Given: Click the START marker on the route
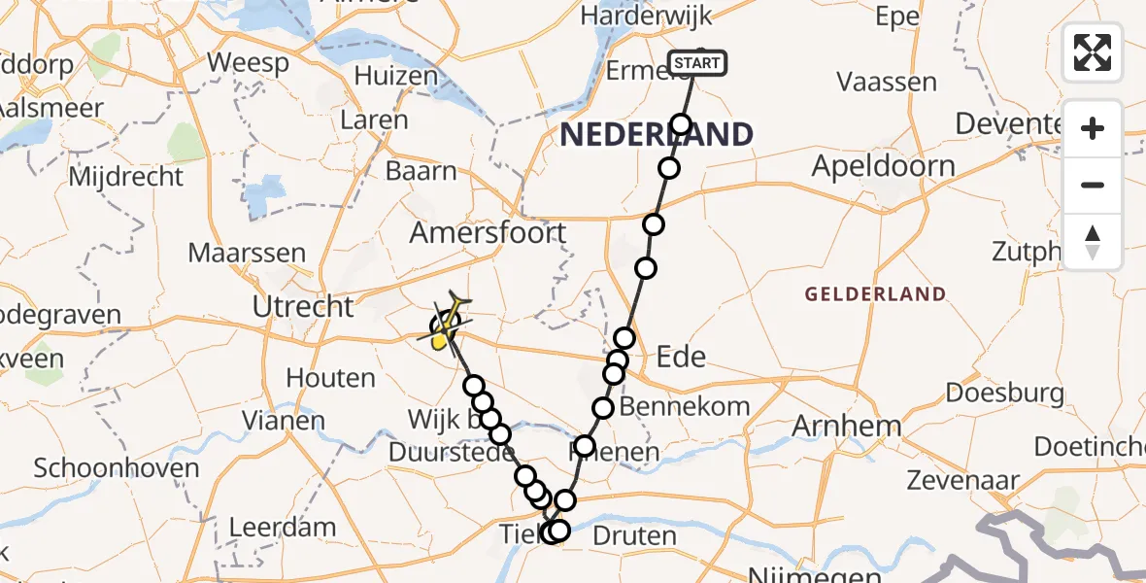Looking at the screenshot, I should pyautogui.click(x=697, y=64).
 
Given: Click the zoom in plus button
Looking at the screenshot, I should pyautogui.click(x=1093, y=128).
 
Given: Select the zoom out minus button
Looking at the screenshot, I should pyautogui.click(x=1093, y=185).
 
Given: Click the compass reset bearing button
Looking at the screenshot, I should pyautogui.click(x=1093, y=242).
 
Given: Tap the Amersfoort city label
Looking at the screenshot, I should pyautogui.click(x=488, y=233).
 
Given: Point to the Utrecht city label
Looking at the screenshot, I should pyautogui.click(x=303, y=307).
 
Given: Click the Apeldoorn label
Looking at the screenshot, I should pyautogui.click(x=883, y=166).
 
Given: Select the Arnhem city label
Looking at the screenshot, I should pyautogui.click(x=848, y=426).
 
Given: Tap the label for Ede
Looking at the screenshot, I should pyautogui.click(x=681, y=357).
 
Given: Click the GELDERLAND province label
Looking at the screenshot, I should pyautogui.click(x=875, y=293).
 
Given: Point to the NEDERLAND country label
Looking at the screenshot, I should pyautogui.click(x=657, y=135).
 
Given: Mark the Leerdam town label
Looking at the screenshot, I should pyautogui.click(x=282, y=528).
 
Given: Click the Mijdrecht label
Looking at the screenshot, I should pyautogui.click(x=126, y=177).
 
